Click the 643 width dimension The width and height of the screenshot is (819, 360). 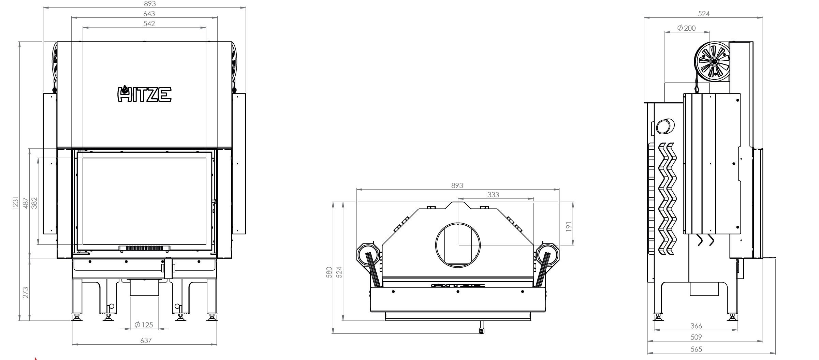149,14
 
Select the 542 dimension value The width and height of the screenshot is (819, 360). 149,24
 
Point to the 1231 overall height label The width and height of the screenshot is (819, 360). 15,203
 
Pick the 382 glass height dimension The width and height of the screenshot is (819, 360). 34,203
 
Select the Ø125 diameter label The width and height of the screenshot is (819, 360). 144,325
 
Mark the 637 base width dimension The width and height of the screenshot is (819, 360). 146,340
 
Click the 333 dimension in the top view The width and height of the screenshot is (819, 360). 493,194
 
